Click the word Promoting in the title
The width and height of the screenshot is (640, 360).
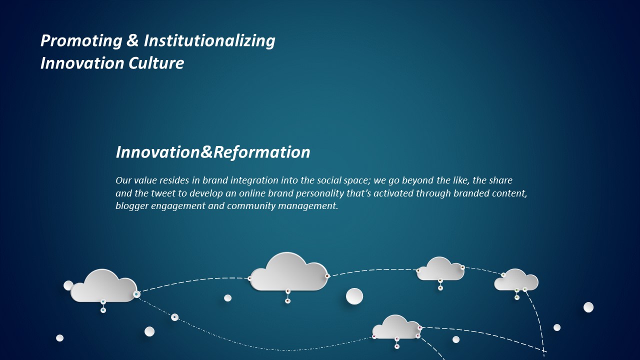pyautogui.click(x=81, y=41)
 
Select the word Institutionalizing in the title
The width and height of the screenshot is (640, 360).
pyautogui.click(x=209, y=41)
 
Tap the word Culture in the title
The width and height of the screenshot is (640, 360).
pyautogui.click(x=156, y=63)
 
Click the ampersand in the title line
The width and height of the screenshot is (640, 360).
pyautogui.click(x=132, y=40)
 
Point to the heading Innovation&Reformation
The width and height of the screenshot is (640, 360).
pyautogui.click(x=213, y=152)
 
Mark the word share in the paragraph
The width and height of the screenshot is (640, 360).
pyautogui.click(x=501, y=180)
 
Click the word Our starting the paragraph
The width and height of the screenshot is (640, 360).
pyautogui.click(x=123, y=180)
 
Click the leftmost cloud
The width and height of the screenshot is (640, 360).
pyautogui.click(x=103, y=285)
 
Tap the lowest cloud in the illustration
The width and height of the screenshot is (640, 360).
pyautogui.click(x=396, y=327)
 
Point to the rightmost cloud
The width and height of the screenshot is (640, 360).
pyautogui.click(x=516, y=280)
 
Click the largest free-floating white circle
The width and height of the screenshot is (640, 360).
pyautogui.click(x=354, y=296)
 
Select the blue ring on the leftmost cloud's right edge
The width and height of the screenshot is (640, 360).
pyautogui.click(x=137, y=294)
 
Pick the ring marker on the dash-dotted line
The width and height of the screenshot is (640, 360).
pyautogui.click(x=174, y=317)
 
